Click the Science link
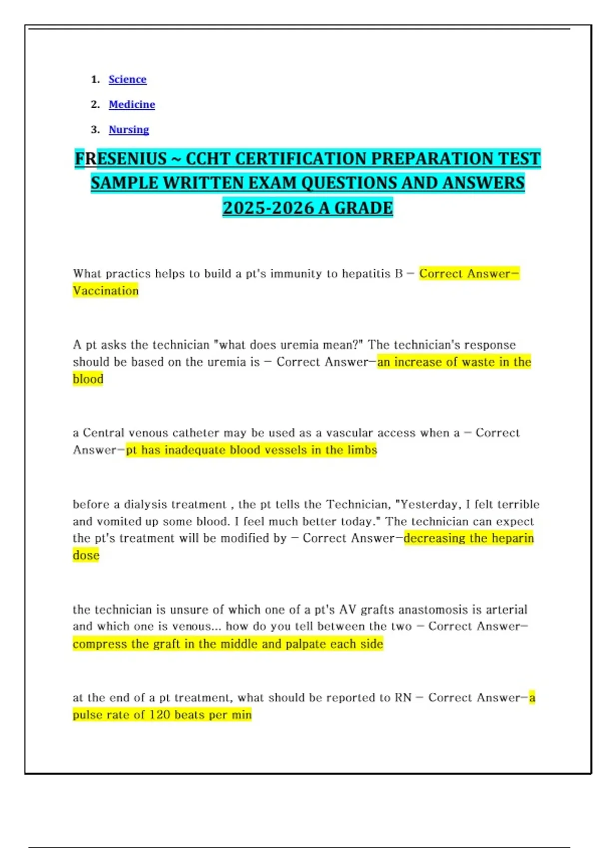(x=127, y=79)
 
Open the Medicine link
(x=132, y=104)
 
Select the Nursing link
(x=129, y=130)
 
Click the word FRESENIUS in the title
(x=120, y=159)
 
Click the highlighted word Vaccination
(x=106, y=291)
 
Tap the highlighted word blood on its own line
(x=88, y=379)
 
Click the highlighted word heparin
(x=513, y=538)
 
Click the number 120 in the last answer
(x=160, y=715)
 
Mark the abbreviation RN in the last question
(x=403, y=698)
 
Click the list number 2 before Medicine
(x=95, y=104)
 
